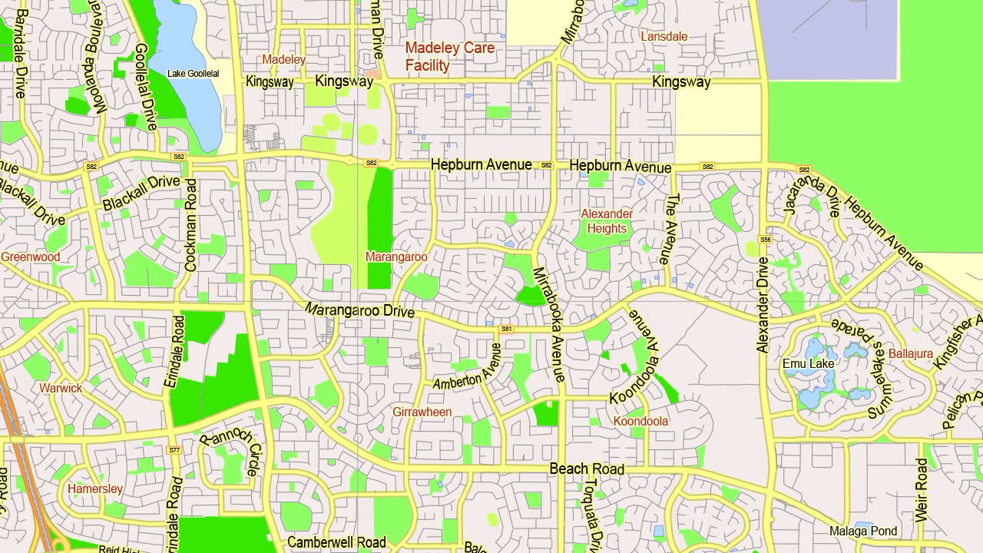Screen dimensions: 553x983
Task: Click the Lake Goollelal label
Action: [x=194, y=74]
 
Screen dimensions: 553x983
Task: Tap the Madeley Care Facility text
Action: [x=450, y=57]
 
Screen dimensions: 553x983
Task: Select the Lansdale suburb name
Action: [x=664, y=37]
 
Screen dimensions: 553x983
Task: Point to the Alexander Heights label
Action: [x=607, y=221]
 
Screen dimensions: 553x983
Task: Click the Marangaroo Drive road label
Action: [x=359, y=310]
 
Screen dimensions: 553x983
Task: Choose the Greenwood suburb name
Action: [x=31, y=257]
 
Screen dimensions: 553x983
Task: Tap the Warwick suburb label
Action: [x=61, y=388]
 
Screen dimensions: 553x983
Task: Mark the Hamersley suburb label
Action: [x=95, y=488]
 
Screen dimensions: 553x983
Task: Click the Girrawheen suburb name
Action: [x=422, y=412]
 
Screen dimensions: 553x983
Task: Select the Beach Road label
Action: [x=587, y=469]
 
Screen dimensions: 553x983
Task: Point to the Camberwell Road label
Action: [x=336, y=542]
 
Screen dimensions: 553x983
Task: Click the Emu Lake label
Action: [x=808, y=363]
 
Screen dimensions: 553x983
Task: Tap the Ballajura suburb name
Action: [x=910, y=354]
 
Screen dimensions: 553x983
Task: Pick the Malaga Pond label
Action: [x=863, y=531]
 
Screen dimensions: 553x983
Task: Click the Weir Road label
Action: [x=922, y=490]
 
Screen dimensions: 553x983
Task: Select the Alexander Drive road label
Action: [x=763, y=304]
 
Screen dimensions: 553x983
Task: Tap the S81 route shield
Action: [x=506, y=329]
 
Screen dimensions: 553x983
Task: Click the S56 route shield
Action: [x=765, y=240]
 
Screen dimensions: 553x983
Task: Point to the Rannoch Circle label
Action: [x=231, y=451]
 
